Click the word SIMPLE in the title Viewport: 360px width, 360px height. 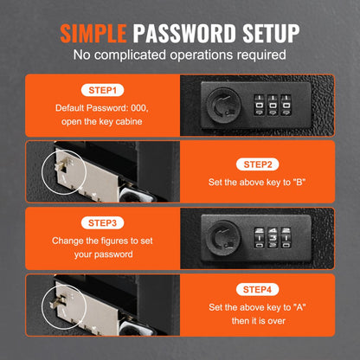pos(94,34)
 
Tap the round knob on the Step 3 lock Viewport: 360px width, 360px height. pos(221,235)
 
